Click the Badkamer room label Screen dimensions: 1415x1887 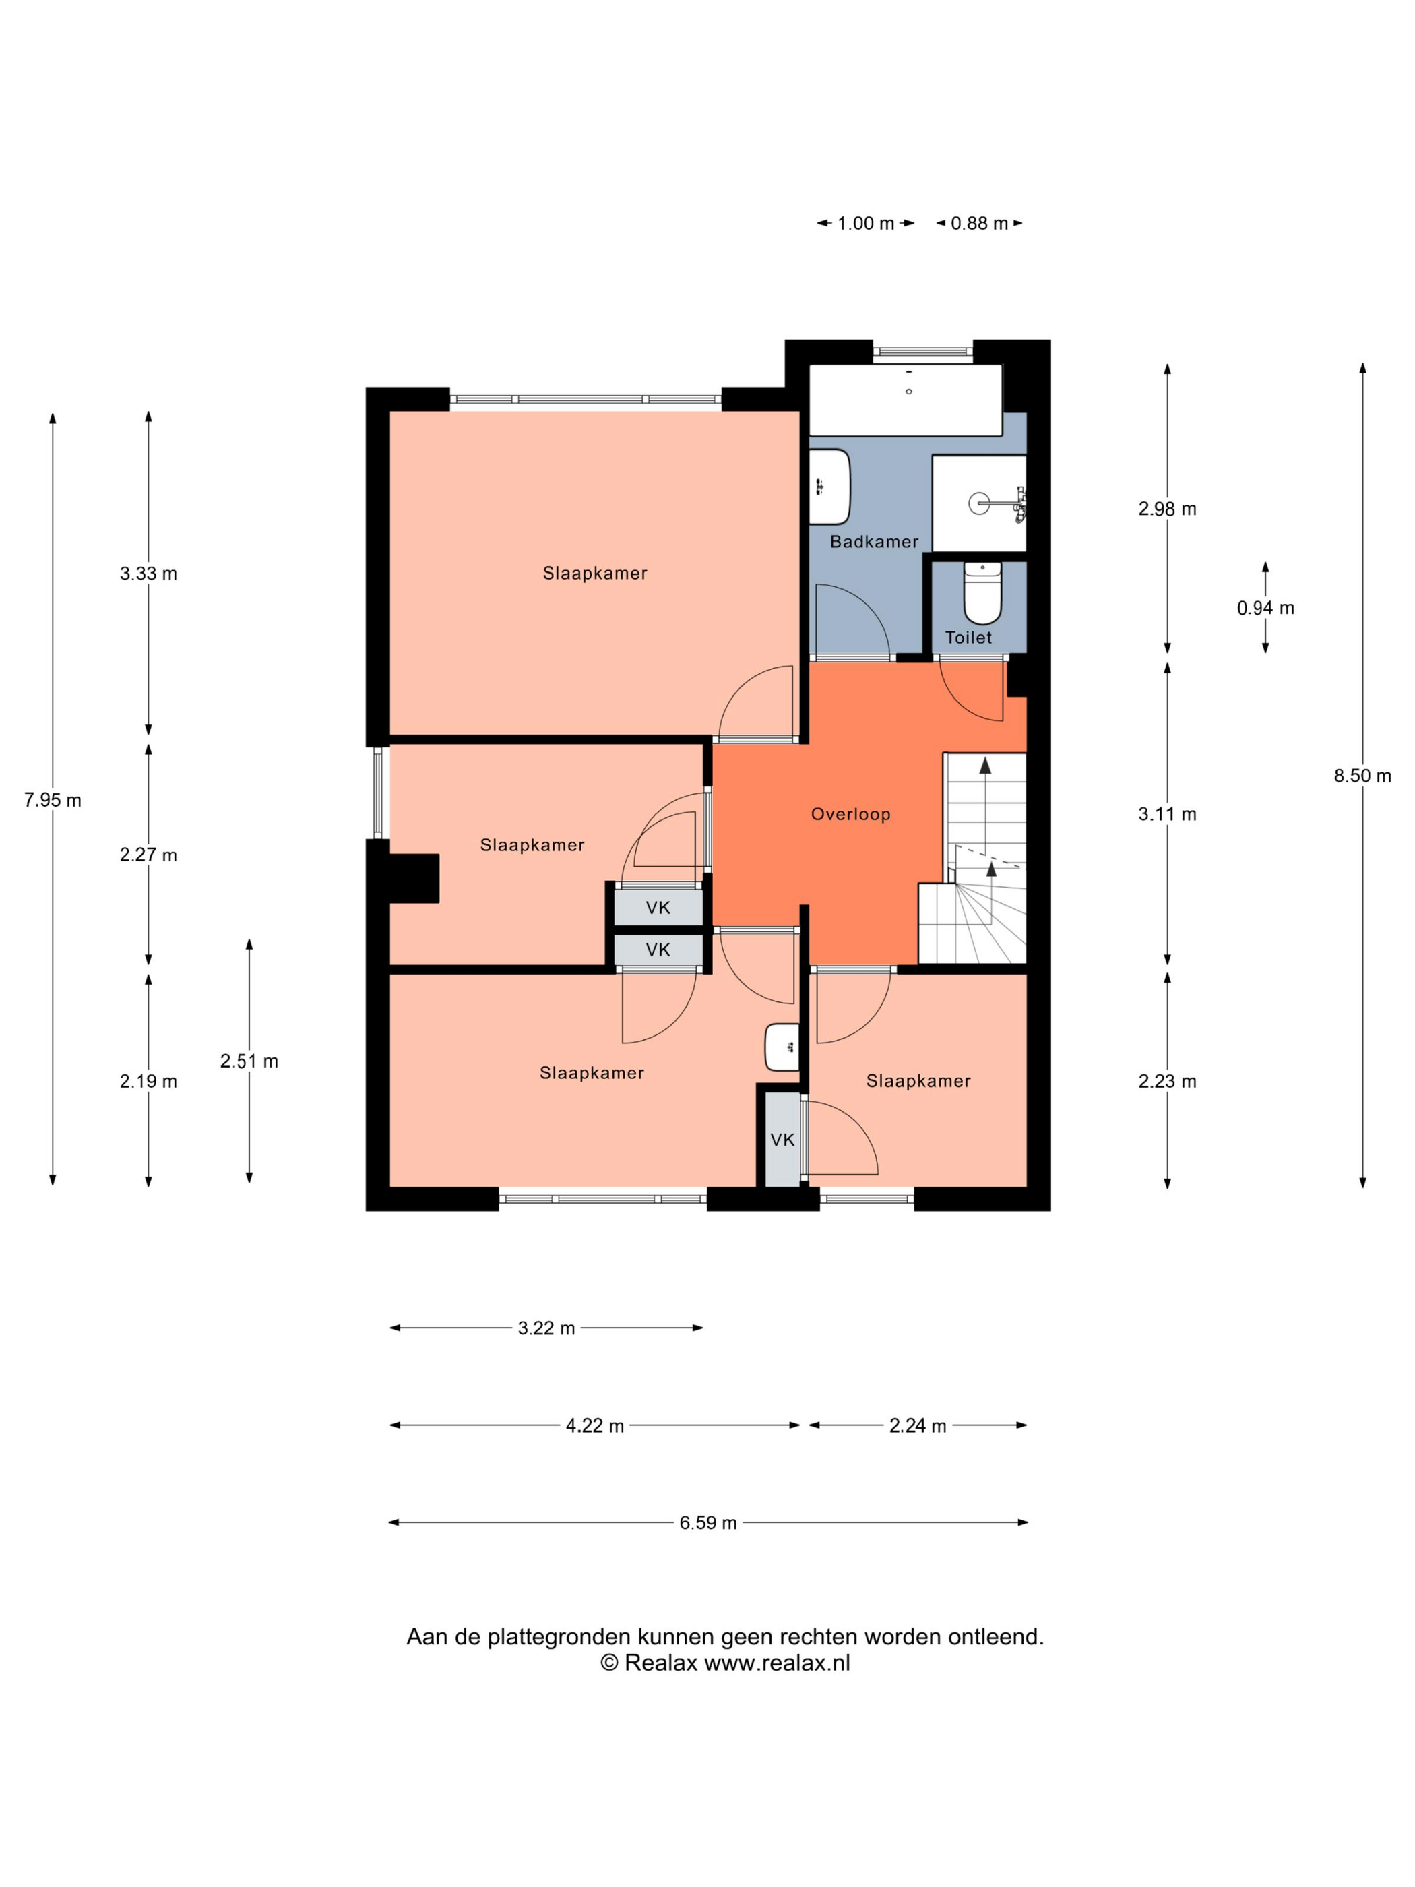pyautogui.click(x=873, y=542)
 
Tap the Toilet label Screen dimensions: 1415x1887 pyautogui.click(x=968, y=638)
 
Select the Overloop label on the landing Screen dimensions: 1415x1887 pyautogui.click(x=850, y=814)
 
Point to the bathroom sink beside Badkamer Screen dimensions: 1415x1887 pyautogui.click(x=829, y=487)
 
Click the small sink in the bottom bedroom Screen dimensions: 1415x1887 pyautogui.click(x=781, y=1047)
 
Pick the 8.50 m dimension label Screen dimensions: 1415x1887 pyautogui.click(x=1362, y=776)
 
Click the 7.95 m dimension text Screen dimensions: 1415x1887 pyautogui.click(x=53, y=799)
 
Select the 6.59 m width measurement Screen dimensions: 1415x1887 pyautogui.click(x=708, y=1522)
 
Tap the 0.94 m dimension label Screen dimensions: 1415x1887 pyautogui.click(x=1265, y=607)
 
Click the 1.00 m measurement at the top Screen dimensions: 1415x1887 pyautogui.click(x=866, y=224)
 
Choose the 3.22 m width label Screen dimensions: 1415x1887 pyautogui.click(x=546, y=1328)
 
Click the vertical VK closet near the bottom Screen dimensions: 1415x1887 pyautogui.click(x=782, y=1139)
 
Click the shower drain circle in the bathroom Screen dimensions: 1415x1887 pyautogui.click(x=979, y=503)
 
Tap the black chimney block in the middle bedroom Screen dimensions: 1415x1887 pyautogui.click(x=414, y=878)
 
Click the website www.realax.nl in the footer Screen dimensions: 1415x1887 pyautogui.click(x=777, y=1663)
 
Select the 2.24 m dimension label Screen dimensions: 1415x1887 pyautogui.click(x=918, y=1425)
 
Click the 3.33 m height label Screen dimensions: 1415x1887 pyautogui.click(x=148, y=574)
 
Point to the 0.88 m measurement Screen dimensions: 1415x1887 pyautogui.click(x=979, y=224)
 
